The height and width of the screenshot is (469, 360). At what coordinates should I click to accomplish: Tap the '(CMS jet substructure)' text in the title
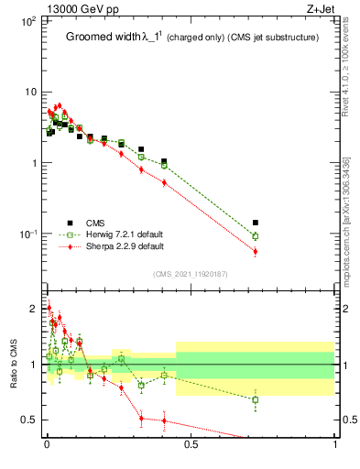[x=272, y=38]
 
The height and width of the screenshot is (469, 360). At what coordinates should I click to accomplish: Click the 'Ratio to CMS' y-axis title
[x=14, y=362]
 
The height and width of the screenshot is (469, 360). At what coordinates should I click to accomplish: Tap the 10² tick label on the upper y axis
[x=27, y=20]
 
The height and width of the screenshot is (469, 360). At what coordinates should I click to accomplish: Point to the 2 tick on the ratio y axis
[x=33, y=308]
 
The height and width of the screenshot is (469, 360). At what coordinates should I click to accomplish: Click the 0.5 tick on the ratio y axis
[x=29, y=420]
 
